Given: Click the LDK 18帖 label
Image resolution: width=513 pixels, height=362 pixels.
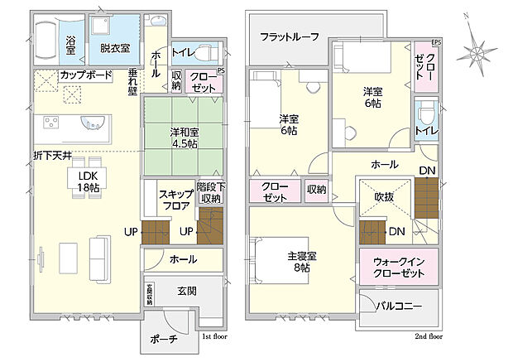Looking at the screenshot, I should (89, 182).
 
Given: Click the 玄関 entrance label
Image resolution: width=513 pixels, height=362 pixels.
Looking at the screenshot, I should (186, 292).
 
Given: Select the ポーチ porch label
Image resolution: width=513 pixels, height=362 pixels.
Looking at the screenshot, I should (163, 340).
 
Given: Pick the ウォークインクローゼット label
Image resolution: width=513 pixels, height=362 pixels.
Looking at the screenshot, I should (397, 267).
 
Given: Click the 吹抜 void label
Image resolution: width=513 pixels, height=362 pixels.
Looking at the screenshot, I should (385, 196).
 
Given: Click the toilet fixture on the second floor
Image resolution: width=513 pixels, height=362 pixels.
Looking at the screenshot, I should (427, 113).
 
